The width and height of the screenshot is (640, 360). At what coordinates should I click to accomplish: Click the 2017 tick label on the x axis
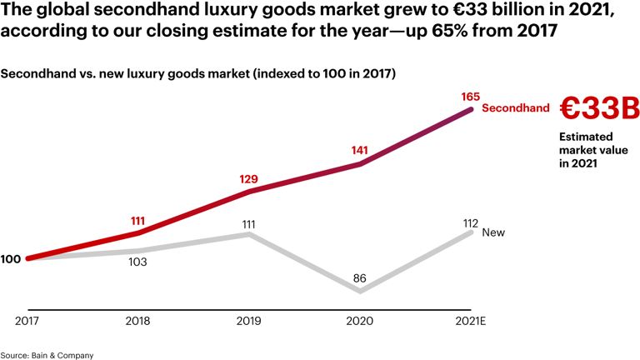(x=27, y=321)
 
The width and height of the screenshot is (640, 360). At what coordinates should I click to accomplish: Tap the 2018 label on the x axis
(x=137, y=321)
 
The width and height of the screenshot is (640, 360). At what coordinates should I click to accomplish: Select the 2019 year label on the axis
(x=248, y=321)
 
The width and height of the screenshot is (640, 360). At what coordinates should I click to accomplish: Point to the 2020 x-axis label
(x=359, y=321)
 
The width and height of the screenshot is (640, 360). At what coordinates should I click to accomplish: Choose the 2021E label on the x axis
(x=470, y=321)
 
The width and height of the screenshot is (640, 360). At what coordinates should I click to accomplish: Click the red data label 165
(x=470, y=97)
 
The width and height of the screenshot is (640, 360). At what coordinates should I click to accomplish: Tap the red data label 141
(x=359, y=151)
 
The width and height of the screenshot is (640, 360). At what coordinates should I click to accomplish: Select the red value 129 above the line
(x=248, y=179)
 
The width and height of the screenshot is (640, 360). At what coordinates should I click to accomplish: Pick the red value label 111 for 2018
(x=137, y=221)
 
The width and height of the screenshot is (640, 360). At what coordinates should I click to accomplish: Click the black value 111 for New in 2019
(x=248, y=224)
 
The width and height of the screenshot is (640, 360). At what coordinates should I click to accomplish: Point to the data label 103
(x=137, y=262)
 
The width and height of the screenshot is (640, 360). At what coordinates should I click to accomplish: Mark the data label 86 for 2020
(x=359, y=278)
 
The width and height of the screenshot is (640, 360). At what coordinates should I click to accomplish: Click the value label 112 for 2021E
(x=470, y=222)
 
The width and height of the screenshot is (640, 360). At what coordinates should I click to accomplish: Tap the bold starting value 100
(x=11, y=259)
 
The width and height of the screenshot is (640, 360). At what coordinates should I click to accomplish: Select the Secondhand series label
(x=516, y=108)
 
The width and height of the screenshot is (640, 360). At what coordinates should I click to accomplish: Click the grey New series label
(x=493, y=232)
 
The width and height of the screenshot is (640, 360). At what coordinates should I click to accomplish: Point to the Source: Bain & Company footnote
(x=47, y=355)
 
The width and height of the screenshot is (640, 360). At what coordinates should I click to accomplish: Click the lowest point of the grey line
(x=360, y=292)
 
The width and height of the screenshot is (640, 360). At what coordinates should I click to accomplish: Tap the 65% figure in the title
(x=449, y=32)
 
